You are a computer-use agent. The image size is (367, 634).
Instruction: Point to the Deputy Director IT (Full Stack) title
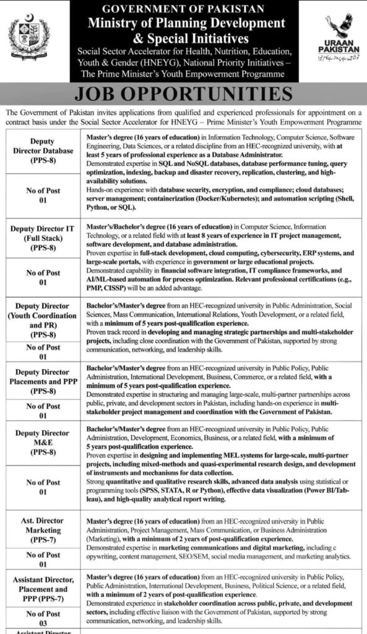(x=42, y=238)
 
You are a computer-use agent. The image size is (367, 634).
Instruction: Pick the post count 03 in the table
(x=43, y=621)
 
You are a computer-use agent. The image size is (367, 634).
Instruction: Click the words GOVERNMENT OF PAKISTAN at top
(x=184, y=9)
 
